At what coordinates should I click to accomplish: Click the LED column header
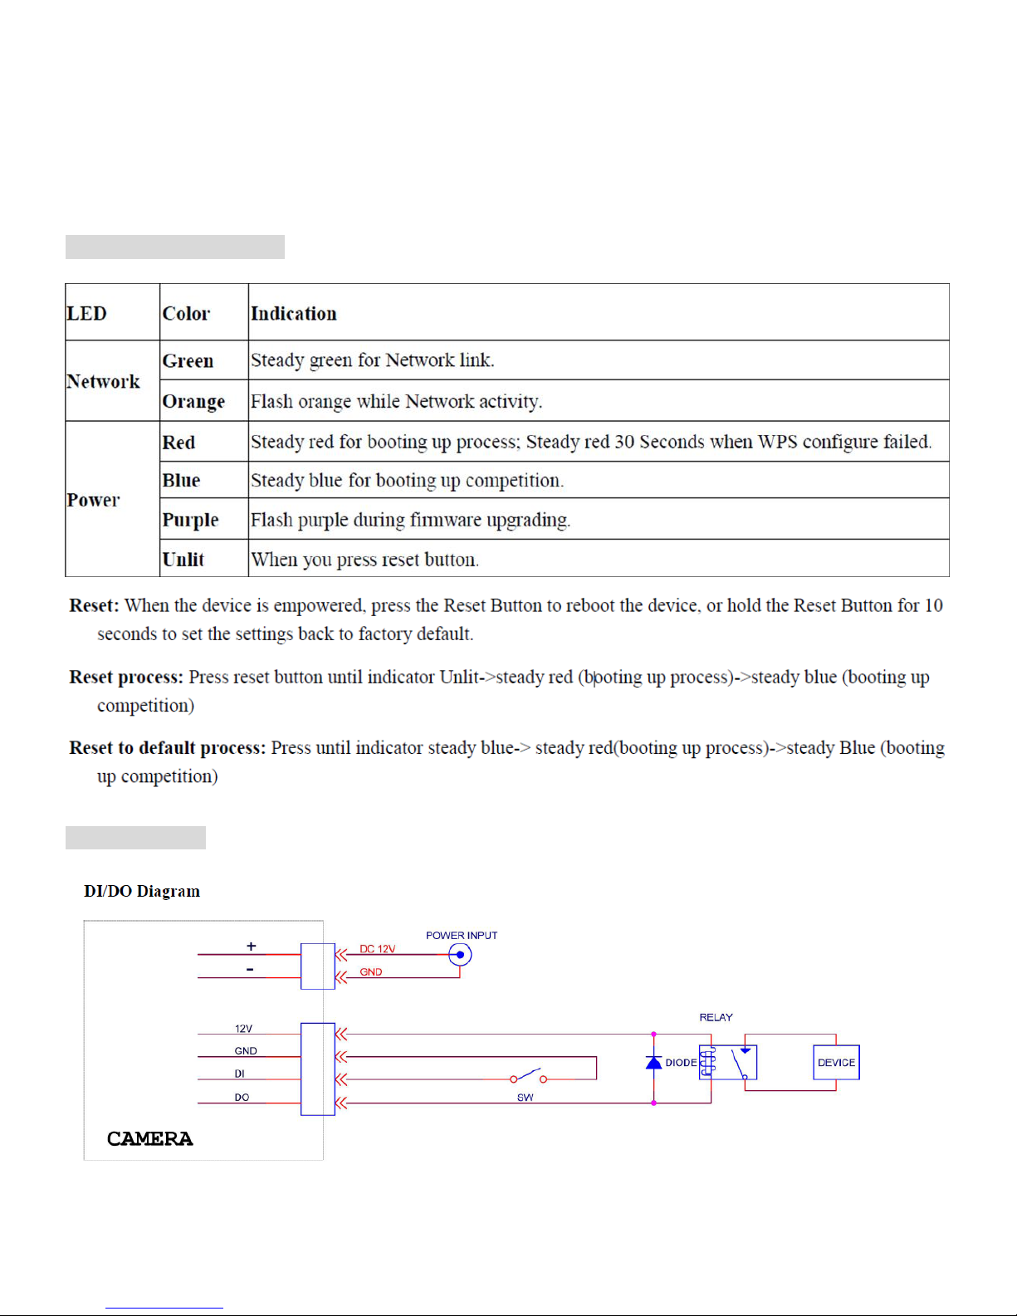coord(87,314)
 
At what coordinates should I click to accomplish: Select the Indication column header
coord(294,314)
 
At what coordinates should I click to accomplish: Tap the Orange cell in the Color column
coord(193,402)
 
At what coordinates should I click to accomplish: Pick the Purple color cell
coord(190,521)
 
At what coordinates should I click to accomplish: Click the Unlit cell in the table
coord(183,560)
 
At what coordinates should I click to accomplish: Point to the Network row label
coord(104,382)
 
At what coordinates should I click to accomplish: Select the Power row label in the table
coord(94,500)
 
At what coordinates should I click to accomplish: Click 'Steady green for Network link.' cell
coord(373,360)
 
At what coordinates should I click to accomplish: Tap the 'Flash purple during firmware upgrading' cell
coord(411,521)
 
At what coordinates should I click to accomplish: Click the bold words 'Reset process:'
coord(126,678)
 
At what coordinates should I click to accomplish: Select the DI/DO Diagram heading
coord(142,892)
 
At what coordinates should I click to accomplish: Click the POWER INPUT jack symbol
coord(460,955)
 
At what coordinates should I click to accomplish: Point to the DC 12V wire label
coord(377,949)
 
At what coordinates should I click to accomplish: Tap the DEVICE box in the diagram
coord(836,1063)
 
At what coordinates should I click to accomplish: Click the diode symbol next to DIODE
coord(654,1063)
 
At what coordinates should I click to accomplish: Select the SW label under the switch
coord(526,1098)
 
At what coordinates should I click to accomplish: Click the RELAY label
coord(716,1017)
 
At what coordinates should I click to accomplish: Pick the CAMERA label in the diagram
coord(150,1139)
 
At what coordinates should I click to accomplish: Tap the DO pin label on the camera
coord(242,1098)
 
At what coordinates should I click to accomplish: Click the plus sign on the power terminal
coord(252,947)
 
